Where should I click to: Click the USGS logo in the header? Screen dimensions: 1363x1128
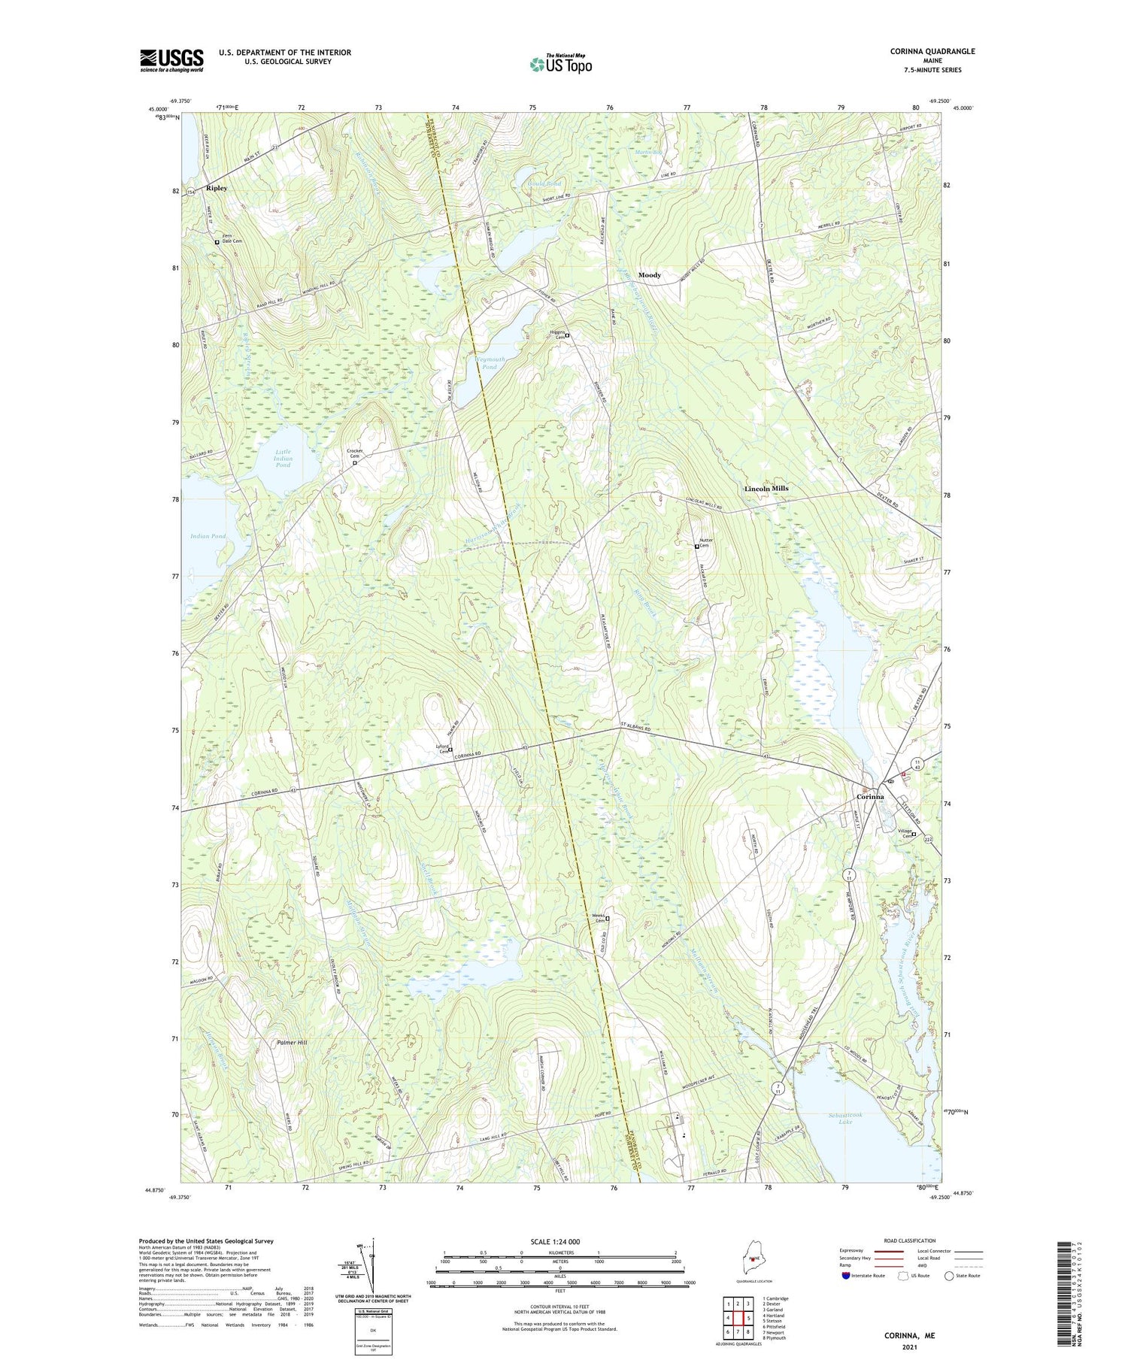[171, 59]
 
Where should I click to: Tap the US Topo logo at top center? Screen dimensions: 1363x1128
[561, 64]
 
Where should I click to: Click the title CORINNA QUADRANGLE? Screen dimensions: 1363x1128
[932, 51]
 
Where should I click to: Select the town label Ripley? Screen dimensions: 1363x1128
[217, 188]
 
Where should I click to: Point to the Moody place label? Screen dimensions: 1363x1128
[649, 275]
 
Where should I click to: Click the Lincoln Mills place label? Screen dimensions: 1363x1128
[766, 489]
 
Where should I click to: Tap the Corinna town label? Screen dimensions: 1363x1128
[871, 797]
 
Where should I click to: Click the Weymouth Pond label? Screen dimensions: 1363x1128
[490, 363]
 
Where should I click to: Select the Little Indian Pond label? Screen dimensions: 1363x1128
[283, 458]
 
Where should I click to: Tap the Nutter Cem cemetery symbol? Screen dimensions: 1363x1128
[697, 547]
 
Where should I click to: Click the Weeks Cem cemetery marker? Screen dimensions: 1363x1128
[608, 919]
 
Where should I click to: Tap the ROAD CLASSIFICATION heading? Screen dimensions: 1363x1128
[910, 1240]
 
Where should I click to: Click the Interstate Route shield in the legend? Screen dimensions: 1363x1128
[847, 1276]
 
